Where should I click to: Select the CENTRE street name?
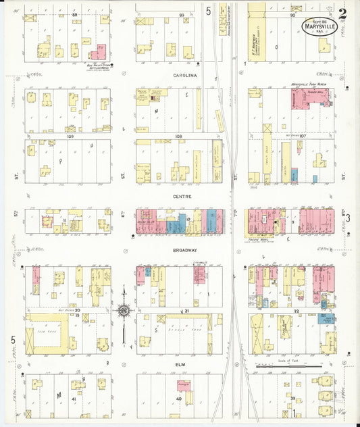pyautogui.click(x=181, y=197)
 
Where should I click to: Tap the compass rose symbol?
pyautogui.click(x=124, y=311)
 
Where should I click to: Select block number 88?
pyautogui.click(x=74, y=14)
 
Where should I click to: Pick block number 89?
pyautogui.click(x=181, y=14)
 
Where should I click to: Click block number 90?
pyautogui.click(x=293, y=14)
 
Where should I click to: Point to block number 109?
pyautogui.click(x=70, y=136)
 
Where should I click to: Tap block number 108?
pyautogui.click(x=179, y=136)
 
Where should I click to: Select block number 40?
pyautogui.click(x=179, y=399)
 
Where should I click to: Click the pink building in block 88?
pyautogui.click(x=98, y=51)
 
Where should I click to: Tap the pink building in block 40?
pyautogui.click(x=184, y=386)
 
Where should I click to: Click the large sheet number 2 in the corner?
pyautogui.click(x=343, y=13)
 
